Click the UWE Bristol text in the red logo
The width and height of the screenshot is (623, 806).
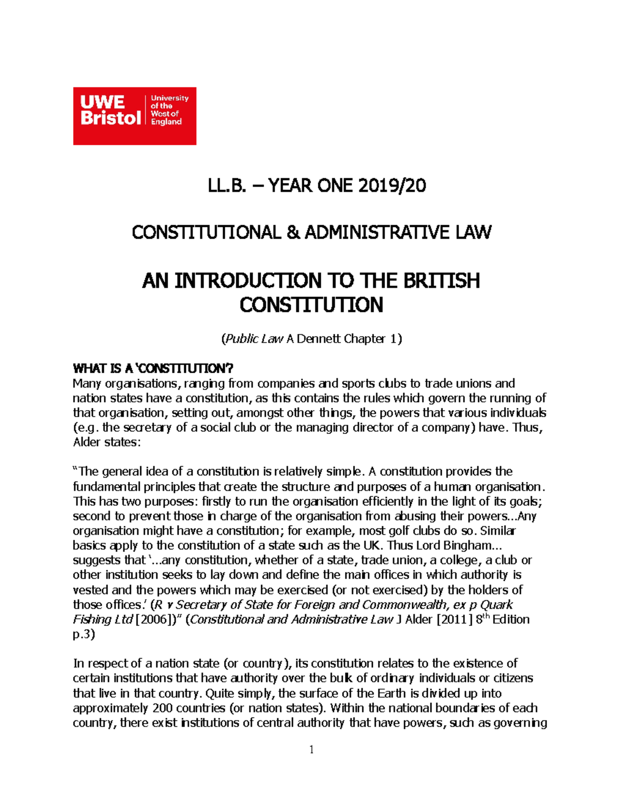pyautogui.click(x=110, y=110)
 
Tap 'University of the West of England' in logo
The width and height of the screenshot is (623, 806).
pyautogui.click(x=169, y=110)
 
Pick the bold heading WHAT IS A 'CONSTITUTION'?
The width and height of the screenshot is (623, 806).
pyautogui.click(x=153, y=369)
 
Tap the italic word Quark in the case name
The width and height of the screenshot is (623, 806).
pyautogui.click(x=496, y=605)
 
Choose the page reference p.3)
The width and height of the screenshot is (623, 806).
pyautogui.click(x=84, y=634)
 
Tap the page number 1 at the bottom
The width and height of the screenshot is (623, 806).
pyautogui.click(x=311, y=749)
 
